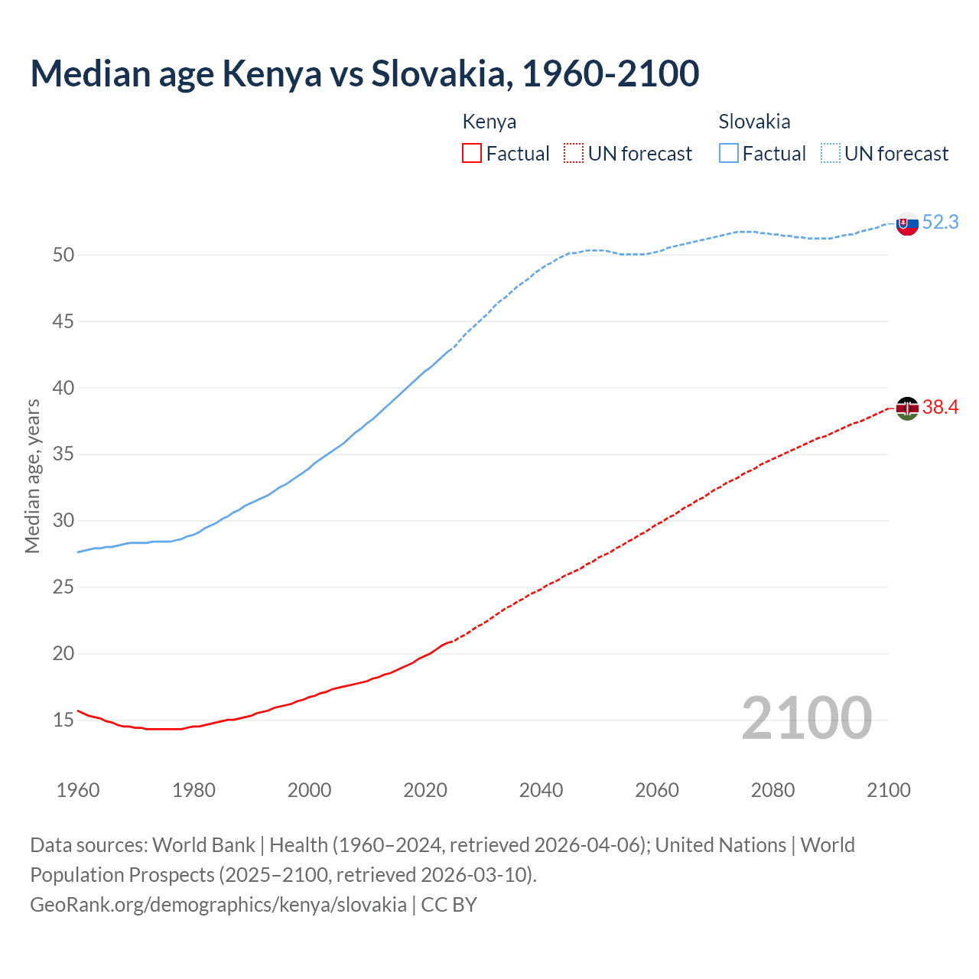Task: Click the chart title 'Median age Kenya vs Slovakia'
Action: pyautogui.click(x=364, y=73)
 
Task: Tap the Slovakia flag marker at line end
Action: pyautogui.click(x=907, y=224)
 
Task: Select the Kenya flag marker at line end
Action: pyautogui.click(x=907, y=408)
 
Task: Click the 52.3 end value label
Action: pyautogui.click(x=940, y=223)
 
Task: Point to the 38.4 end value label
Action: pyautogui.click(x=940, y=408)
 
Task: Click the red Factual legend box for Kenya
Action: pyautogui.click(x=472, y=154)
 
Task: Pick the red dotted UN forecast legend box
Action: pyautogui.click(x=574, y=154)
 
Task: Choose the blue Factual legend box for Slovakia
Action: pyautogui.click(x=729, y=154)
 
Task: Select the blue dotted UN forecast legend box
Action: pyautogui.click(x=831, y=154)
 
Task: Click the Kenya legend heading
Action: pyautogui.click(x=489, y=122)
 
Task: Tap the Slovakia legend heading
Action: pyautogui.click(x=754, y=122)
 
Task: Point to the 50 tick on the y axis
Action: pyautogui.click(x=63, y=255)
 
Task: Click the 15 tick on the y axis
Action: pyautogui.click(x=63, y=720)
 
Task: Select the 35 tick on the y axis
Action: pyautogui.click(x=63, y=454)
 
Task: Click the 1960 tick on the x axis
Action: pyautogui.click(x=78, y=790)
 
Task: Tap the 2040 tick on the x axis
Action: pyautogui.click(x=541, y=790)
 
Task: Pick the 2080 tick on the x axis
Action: pyautogui.click(x=772, y=790)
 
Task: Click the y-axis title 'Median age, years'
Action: pyautogui.click(x=32, y=476)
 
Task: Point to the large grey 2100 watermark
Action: pyautogui.click(x=806, y=717)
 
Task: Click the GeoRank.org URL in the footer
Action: pyautogui.click(x=219, y=905)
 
